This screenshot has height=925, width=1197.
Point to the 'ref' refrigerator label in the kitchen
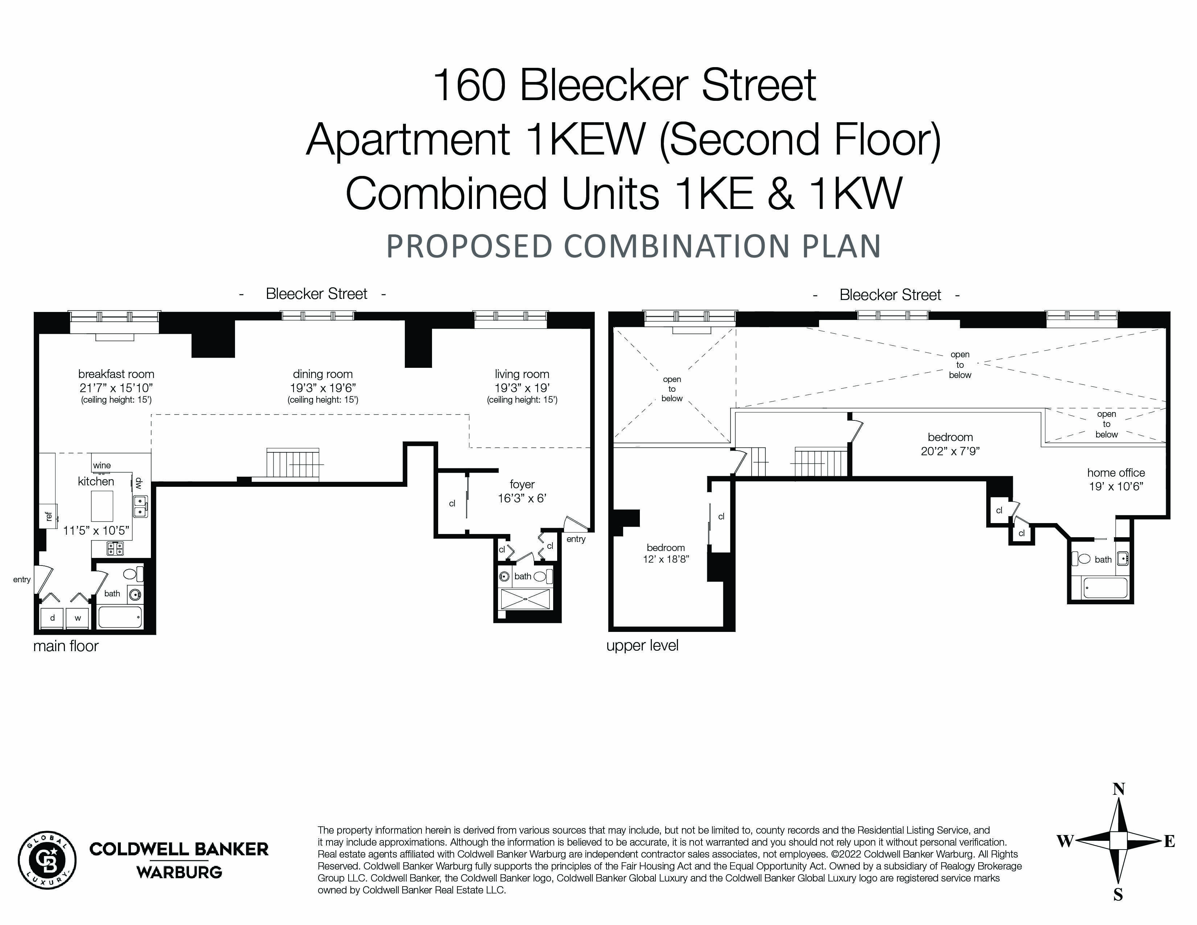[49, 516]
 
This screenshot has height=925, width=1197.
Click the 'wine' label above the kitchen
[102, 465]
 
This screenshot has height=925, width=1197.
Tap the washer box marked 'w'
[78, 618]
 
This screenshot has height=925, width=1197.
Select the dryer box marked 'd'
[53, 618]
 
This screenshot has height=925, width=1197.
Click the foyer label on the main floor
[522, 484]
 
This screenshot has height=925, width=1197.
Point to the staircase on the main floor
[293, 464]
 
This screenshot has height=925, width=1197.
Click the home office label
[1116, 472]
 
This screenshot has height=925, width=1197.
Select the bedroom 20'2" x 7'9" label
[950, 437]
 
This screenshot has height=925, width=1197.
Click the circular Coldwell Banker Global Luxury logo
[47, 859]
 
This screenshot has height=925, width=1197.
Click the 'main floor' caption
[66, 646]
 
